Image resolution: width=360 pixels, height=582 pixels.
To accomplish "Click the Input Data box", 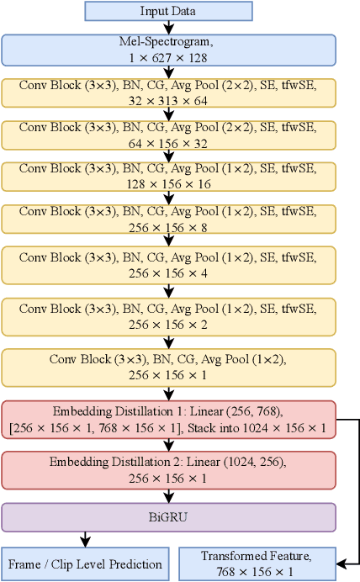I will click(x=168, y=11).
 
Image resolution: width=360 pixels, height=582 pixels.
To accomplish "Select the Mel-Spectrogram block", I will click(x=168, y=50).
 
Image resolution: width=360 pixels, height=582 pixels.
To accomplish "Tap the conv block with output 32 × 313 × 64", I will click(x=168, y=93).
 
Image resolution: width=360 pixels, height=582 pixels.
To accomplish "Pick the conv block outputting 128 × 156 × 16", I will click(x=168, y=176).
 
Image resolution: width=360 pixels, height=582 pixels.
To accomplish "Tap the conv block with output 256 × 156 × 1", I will click(x=168, y=368).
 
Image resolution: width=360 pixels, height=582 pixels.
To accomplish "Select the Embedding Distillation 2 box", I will click(x=168, y=470).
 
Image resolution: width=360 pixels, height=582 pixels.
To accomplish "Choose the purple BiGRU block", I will click(x=168, y=516).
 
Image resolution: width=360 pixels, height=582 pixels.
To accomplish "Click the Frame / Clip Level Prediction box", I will click(x=83, y=563).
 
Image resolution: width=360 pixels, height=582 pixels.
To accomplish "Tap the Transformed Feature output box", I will click(x=257, y=563).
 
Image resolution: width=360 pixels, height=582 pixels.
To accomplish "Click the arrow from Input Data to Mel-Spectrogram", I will click(x=168, y=28).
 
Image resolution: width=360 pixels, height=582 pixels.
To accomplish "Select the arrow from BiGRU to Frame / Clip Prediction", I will click(x=83, y=538).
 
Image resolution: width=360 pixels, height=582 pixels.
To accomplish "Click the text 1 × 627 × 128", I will click(x=168, y=56).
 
